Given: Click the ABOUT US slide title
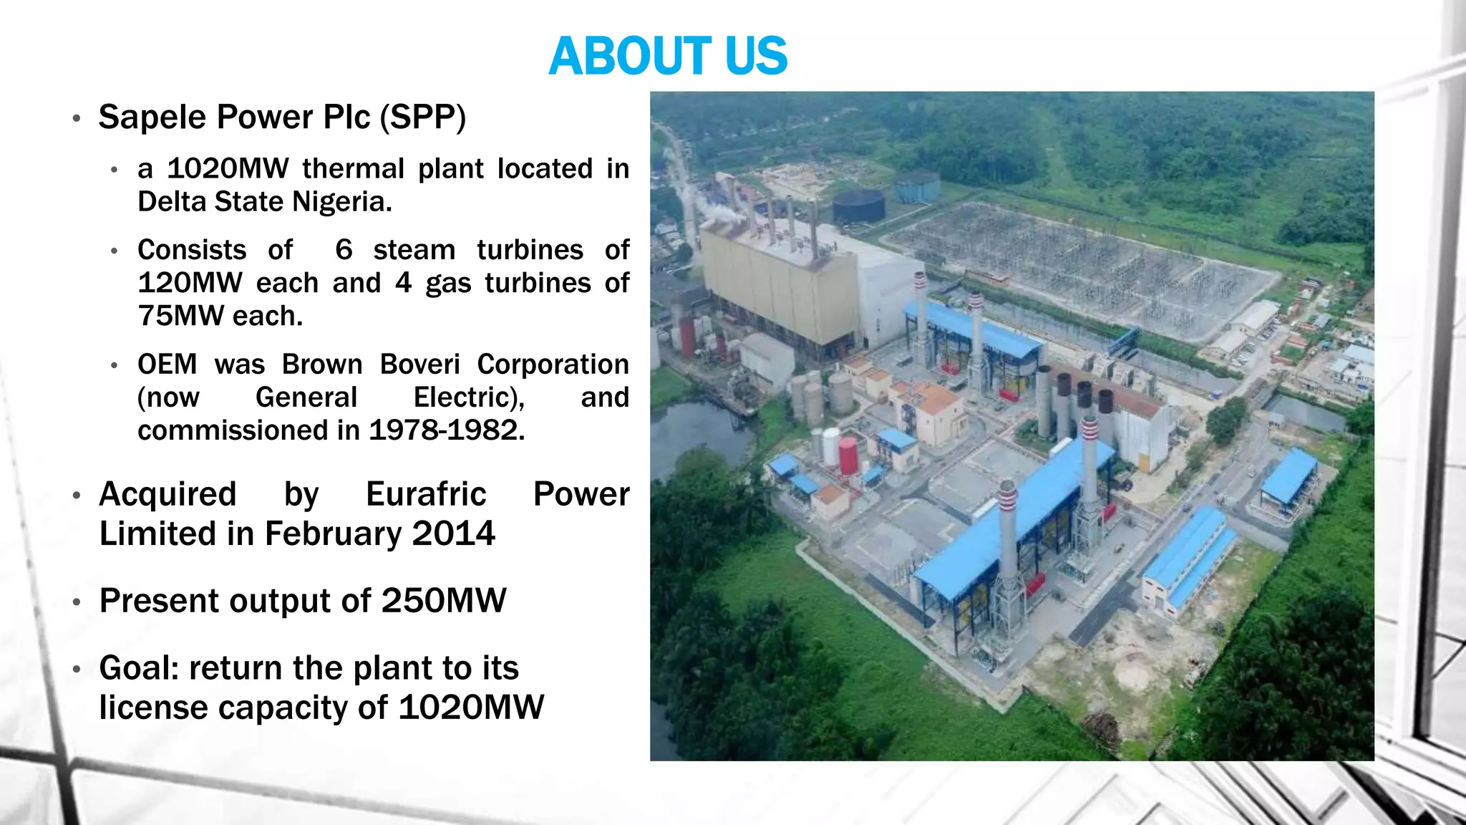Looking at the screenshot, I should [x=667, y=56].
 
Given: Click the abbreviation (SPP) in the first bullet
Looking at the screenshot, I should [x=422, y=117].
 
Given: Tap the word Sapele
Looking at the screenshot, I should [x=152, y=117].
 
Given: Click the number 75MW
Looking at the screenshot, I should [x=180, y=316].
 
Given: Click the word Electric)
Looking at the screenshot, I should [x=469, y=397].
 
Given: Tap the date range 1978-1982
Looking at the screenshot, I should [x=446, y=430].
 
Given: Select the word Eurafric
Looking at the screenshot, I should [x=426, y=494].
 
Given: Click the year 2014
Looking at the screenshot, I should [x=453, y=534].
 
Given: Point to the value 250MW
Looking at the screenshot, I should [x=444, y=601].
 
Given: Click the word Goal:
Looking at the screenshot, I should [x=140, y=668].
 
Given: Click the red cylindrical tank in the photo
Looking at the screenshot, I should [x=848, y=456].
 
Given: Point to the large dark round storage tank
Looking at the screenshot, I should [x=858, y=206].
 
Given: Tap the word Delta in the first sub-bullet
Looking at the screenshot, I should [x=172, y=202].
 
